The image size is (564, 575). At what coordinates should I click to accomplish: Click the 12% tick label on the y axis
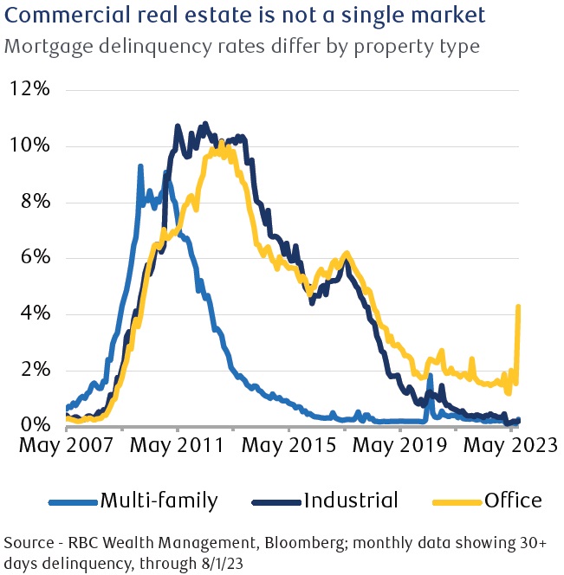(x=31, y=89)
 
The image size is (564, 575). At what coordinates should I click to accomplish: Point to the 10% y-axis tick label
(x=31, y=145)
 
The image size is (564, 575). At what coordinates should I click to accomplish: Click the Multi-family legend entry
(x=133, y=501)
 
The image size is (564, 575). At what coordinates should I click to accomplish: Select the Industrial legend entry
(x=327, y=501)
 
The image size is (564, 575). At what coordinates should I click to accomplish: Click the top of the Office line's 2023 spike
(x=518, y=306)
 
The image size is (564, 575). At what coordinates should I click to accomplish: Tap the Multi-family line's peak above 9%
(x=140, y=165)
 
